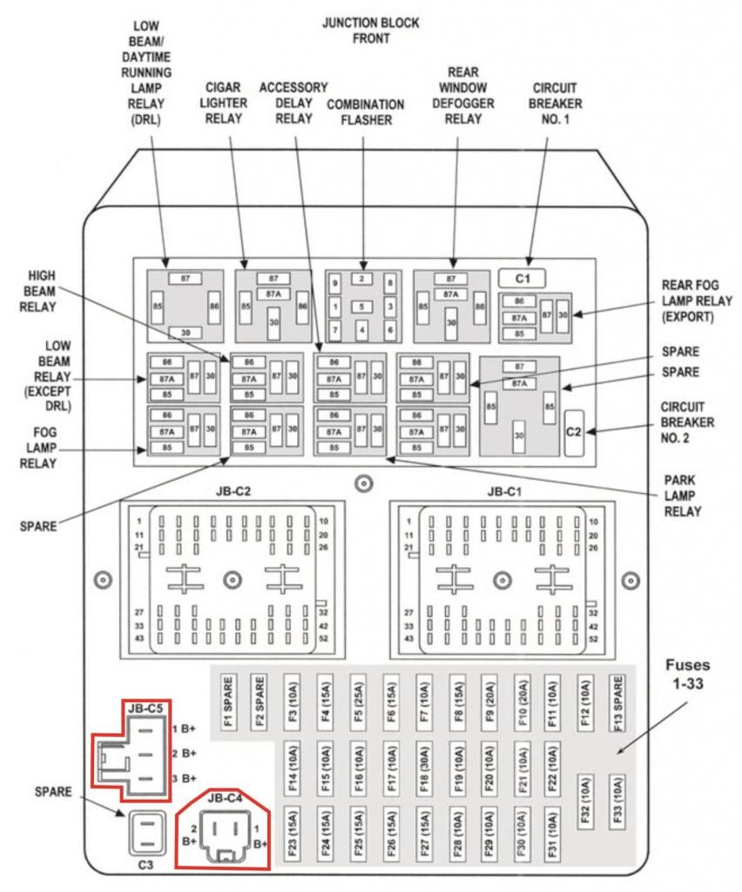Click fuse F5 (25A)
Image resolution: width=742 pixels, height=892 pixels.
tap(357, 698)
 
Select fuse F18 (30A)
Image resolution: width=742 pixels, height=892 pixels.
tap(423, 764)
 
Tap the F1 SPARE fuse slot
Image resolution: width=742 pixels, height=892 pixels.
tap(226, 698)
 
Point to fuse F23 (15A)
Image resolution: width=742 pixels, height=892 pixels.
tap(292, 831)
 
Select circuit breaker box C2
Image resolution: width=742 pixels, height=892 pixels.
tap(575, 431)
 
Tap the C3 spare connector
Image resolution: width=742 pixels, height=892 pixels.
tap(145, 834)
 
